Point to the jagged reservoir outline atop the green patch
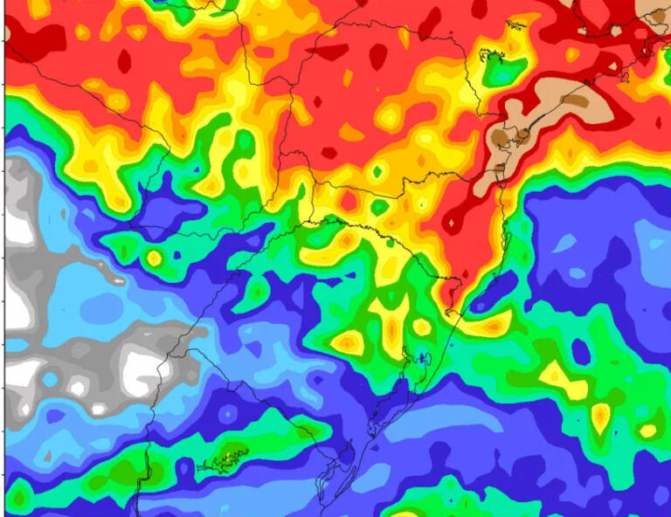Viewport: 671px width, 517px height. (x=495, y=57)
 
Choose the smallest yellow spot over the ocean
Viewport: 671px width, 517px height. (x=647, y=431)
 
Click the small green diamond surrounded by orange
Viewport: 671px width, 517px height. (x=377, y=172)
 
